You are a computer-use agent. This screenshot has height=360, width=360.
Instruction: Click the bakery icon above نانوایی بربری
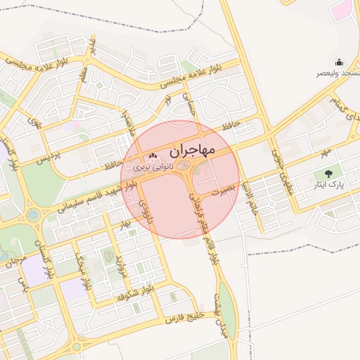153,157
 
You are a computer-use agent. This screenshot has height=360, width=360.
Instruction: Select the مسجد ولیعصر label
338,73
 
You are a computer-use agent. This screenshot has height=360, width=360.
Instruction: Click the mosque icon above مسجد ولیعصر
339,62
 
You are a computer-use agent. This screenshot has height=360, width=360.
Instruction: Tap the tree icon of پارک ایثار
328,174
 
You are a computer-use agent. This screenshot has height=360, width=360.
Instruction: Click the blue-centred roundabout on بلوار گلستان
33,214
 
